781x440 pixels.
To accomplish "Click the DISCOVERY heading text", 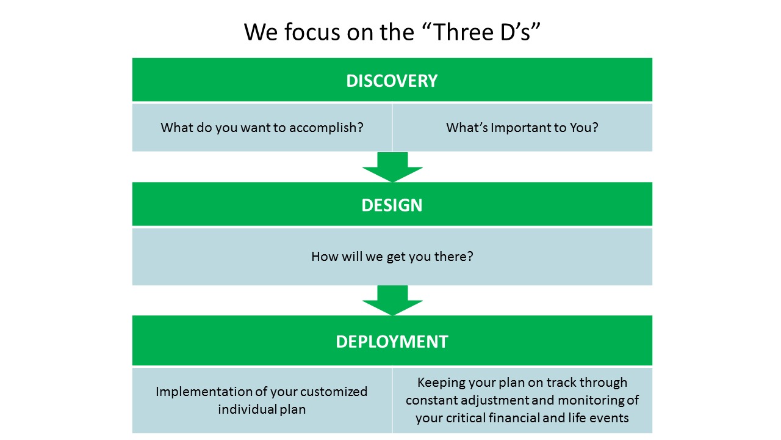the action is (x=392, y=81).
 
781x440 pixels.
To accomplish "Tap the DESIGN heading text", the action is (x=392, y=205).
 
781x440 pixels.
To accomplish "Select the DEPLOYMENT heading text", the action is (x=392, y=342).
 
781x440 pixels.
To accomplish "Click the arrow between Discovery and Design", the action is (x=392, y=167).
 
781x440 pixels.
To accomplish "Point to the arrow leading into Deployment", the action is (x=392, y=300).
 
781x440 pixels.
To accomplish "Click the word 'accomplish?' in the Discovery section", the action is (x=326, y=128).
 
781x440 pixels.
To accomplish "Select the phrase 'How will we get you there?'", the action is (x=392, y=257).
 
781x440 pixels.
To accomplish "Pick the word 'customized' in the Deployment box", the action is (x=334, y=392).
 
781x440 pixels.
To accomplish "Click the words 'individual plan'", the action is (x=262, y=409).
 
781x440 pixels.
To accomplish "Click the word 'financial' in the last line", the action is (x=514, y=418).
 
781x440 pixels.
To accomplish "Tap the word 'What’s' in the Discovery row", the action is (x=467, y=128).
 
